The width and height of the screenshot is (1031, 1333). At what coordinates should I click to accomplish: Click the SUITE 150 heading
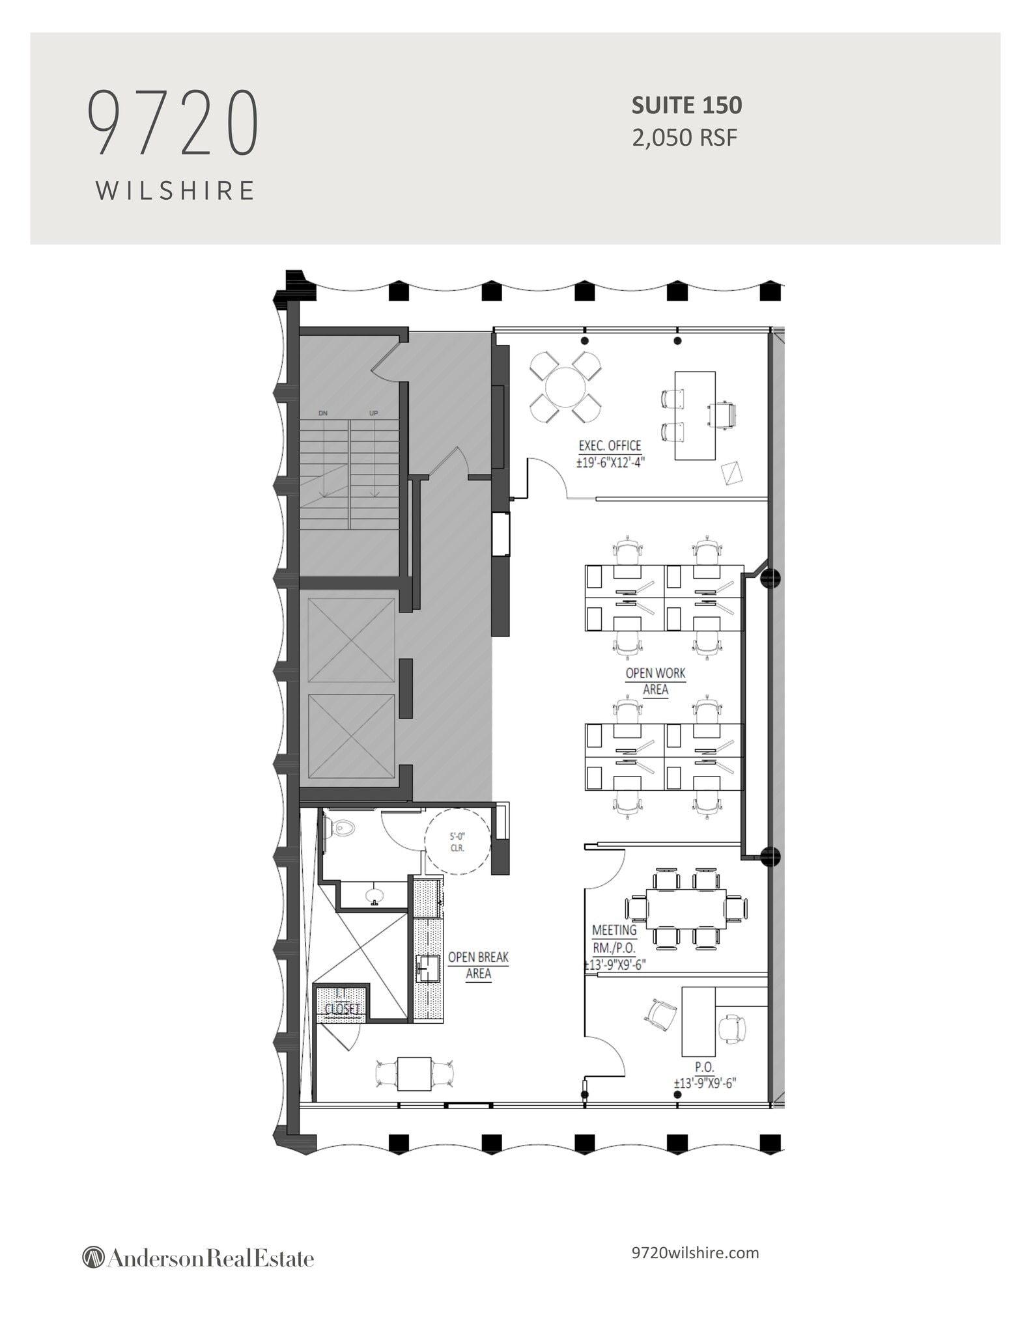point(686,105)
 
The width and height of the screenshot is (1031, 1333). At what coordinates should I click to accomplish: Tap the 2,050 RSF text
point(684,138)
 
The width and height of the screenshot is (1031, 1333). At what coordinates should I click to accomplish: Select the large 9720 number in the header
point(173,124)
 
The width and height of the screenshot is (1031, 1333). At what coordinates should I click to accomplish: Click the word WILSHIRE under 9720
point(175,191)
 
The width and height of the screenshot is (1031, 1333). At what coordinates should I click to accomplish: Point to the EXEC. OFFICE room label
point(610,447)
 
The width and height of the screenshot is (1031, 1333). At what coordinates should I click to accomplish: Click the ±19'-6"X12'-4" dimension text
point(610,463)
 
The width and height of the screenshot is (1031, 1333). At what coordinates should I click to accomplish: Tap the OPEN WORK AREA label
point(655,681)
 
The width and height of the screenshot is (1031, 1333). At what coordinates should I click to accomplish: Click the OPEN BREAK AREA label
point(478,965)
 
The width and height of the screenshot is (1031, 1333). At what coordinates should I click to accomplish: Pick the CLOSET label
point(342,1008)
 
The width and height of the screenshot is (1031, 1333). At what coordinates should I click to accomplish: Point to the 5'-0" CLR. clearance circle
point(457,842)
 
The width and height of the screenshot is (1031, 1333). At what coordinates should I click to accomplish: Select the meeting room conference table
point(686,909)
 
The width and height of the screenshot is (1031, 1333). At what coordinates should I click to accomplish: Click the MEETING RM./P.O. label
point(614,947)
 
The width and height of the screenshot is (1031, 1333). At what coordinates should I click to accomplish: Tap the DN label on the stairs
point(323,413)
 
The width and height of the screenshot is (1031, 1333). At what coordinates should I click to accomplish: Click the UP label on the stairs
point(374,413)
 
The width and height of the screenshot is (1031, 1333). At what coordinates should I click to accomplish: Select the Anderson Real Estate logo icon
point(93,1257)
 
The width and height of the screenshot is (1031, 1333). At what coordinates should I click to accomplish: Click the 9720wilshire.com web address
point(695,1253)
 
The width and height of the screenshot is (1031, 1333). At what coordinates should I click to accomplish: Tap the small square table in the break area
point(414,1073)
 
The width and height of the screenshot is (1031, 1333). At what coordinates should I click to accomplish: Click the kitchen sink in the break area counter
point(428,969)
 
